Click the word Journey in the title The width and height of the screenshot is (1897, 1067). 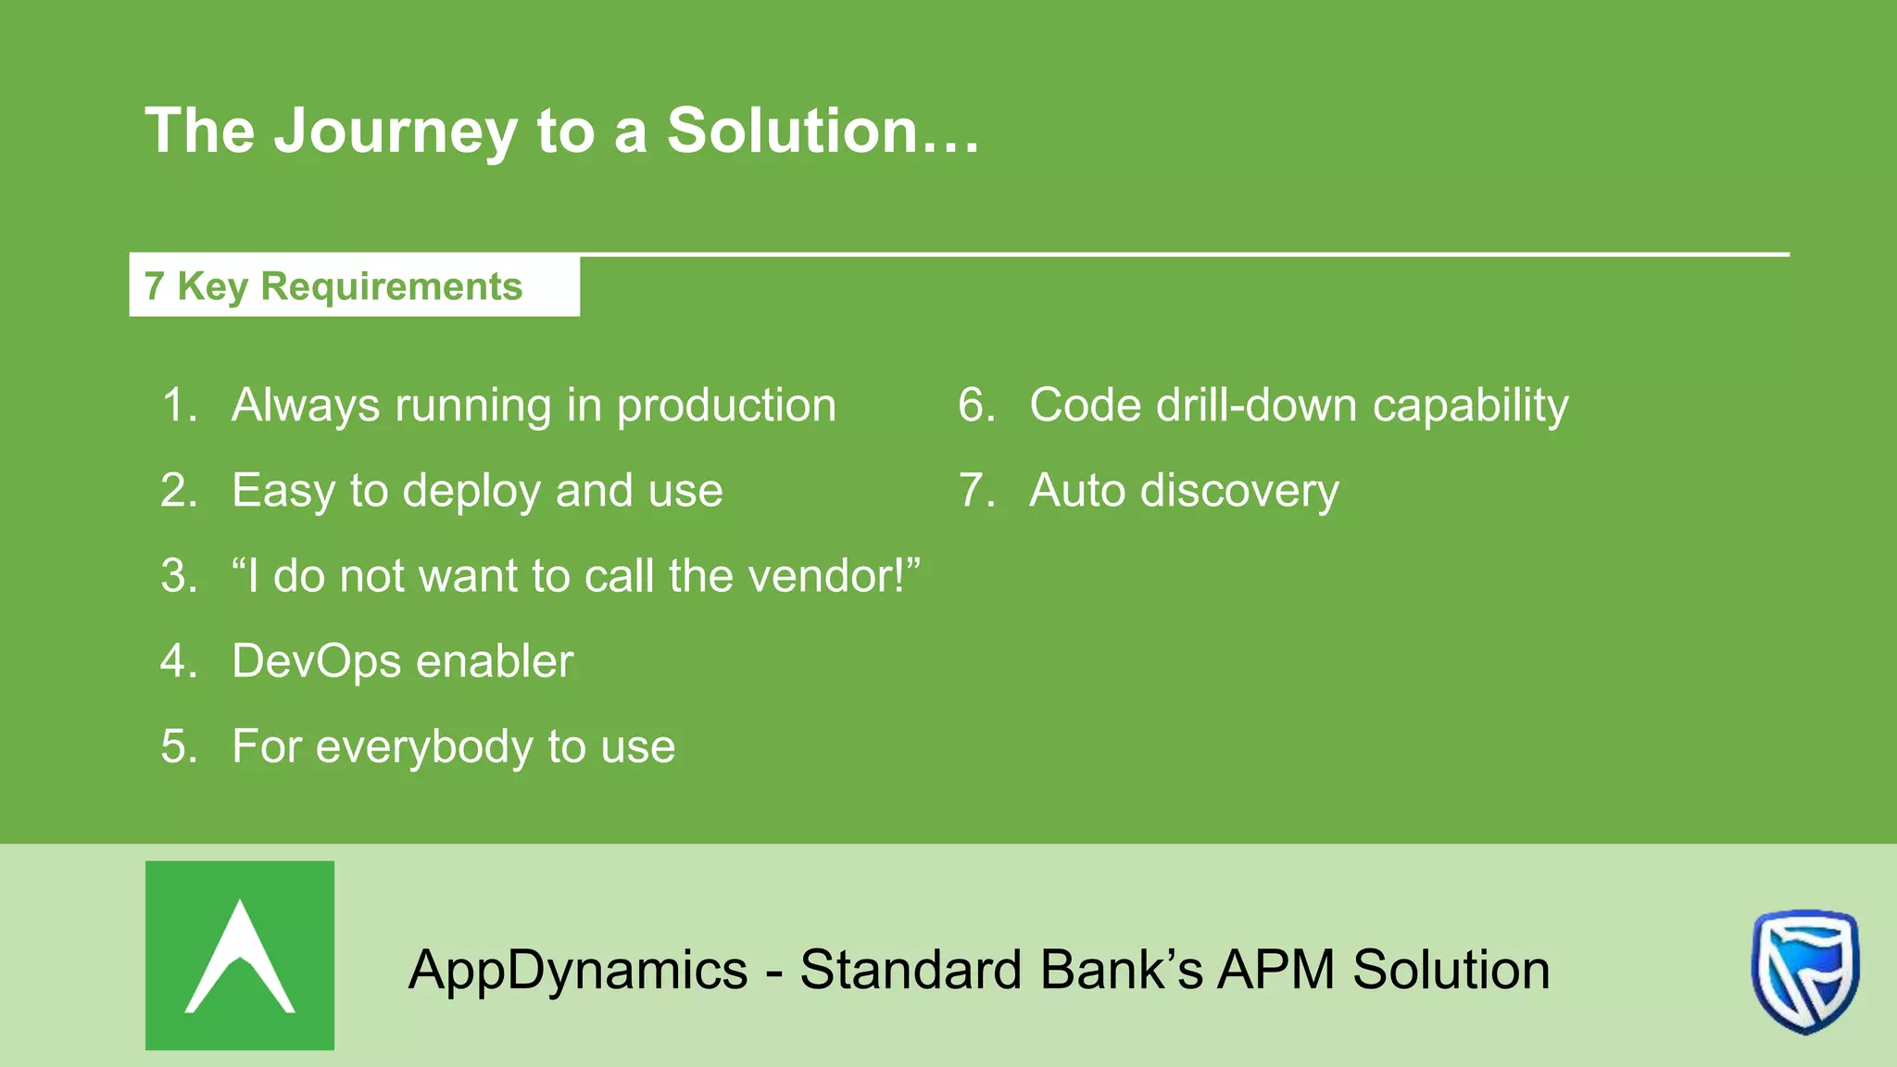click(396, 132)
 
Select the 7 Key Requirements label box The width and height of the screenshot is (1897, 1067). click(354, 286)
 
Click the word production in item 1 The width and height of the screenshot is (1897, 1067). click(726, 406)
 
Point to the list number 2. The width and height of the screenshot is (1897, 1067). click(178, 490)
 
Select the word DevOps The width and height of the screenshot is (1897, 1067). click(316, 661)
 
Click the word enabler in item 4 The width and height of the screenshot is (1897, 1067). click(495, 661)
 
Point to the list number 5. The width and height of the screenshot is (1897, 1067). click(178, 747)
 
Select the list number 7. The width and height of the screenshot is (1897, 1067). click(975, 490)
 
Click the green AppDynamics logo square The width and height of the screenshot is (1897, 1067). click(240, 955)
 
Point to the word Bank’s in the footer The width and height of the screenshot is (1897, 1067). click(1121, 970)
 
